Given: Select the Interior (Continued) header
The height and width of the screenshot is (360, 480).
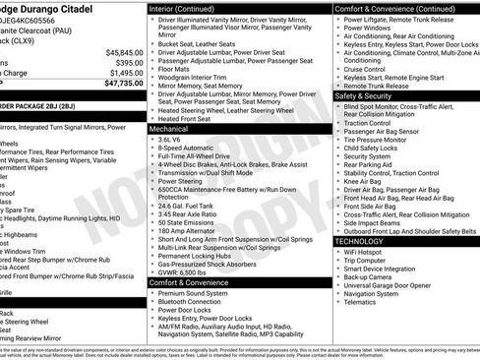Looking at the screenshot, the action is tap(189, 8).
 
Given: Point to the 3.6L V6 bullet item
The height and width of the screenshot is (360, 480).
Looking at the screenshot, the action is tap(176, 140).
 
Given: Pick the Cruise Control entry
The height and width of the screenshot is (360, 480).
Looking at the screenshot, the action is tap(365, 70).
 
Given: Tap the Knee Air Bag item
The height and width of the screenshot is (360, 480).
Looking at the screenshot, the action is tap(363, 181).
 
